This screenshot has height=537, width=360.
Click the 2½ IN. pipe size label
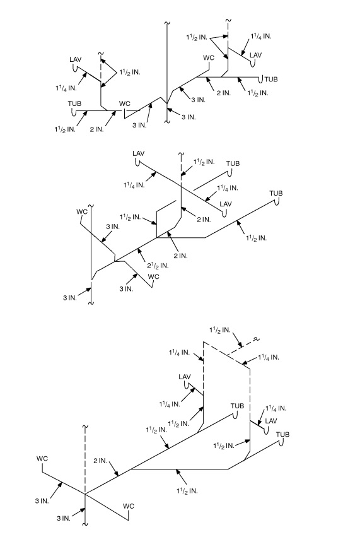coord(158,266)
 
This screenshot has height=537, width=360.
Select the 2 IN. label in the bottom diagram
coord(100,461)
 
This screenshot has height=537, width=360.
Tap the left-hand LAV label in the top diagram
coord(75,59)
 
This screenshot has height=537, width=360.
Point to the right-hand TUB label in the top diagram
coord(271,79)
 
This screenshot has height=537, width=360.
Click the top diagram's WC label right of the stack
coord(209,57)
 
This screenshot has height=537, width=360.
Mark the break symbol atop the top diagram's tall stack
coord(167,23)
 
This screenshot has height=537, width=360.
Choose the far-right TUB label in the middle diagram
coord(276,193)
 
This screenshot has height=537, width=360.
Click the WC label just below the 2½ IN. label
coord(154,276)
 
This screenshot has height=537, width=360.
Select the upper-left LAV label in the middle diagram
coord(139,153)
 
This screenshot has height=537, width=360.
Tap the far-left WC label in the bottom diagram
coord(42,459)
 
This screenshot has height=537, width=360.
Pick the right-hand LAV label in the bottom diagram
coord(271,420)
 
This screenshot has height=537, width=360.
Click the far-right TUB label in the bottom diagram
coord(282,434)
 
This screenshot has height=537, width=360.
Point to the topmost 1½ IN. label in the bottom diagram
coord(220,330)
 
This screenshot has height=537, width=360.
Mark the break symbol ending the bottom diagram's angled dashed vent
coord(255,339)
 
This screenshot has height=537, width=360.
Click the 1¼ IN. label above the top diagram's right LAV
coord(261,37)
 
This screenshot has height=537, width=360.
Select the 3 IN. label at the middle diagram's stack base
coord(70,298)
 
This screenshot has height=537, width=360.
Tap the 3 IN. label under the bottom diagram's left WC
coord(42,500)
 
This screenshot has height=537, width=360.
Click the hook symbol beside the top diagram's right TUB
coord(261,79)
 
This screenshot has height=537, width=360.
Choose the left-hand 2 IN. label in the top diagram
coord(96,129)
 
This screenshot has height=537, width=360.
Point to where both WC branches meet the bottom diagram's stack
coord(85,493)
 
